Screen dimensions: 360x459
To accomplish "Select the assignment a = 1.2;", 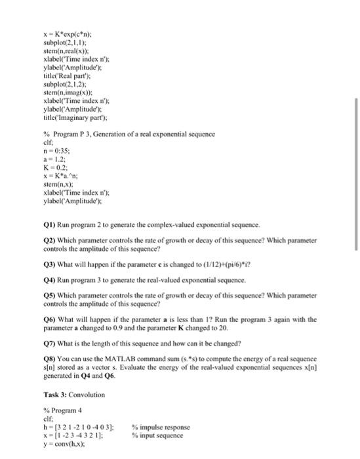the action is pos(52,157).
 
